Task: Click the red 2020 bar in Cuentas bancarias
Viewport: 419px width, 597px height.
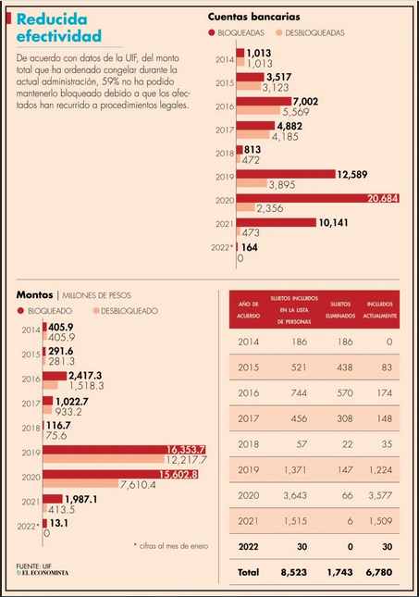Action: tap(317, 198)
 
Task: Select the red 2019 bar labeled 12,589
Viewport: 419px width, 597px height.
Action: tap(286, 174)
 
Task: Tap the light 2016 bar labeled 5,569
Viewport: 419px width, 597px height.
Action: tap(258, 110)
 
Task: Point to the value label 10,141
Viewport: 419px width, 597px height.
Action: tap(333, 223)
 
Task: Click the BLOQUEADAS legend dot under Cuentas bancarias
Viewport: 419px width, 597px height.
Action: tap(212, 32)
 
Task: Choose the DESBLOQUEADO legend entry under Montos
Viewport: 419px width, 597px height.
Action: tap(126, 311)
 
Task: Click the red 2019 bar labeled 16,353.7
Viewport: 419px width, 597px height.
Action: tap(124, 450)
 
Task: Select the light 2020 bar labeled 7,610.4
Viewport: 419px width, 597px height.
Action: tap(80, 483)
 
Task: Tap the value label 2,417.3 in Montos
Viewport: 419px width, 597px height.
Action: tap(85, 376)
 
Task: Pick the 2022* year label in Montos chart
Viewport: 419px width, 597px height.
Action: tap(28, 527)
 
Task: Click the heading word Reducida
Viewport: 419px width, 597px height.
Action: tap(52, 19)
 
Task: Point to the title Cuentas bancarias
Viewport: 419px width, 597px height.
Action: tap(253, 17)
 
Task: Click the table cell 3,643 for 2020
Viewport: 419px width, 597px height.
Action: tap(295, 495)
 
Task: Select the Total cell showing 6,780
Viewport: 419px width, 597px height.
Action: tap(378, 572)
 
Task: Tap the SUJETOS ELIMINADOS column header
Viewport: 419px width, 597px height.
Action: tap(340, 310)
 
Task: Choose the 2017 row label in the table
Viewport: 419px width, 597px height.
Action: tap(249, 418)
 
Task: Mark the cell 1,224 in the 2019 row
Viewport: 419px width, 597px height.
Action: tap(380, 470)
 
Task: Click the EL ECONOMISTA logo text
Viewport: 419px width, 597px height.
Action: tap(43, 573)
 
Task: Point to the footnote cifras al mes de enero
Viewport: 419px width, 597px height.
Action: tap(171, 546)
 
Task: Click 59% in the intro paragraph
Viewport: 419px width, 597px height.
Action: tap(110, 81)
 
